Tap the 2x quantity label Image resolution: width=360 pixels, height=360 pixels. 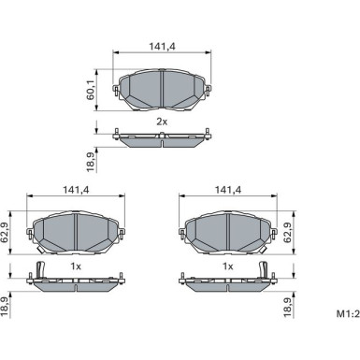click(x=162, y=122)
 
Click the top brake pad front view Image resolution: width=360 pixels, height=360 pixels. click(x=163, y=90)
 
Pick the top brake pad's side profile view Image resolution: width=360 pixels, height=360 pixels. click(x=163, y=139)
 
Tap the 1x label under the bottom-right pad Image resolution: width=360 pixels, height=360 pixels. click(x=227, y=266)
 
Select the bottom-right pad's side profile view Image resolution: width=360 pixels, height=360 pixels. click(x=227, y=281)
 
